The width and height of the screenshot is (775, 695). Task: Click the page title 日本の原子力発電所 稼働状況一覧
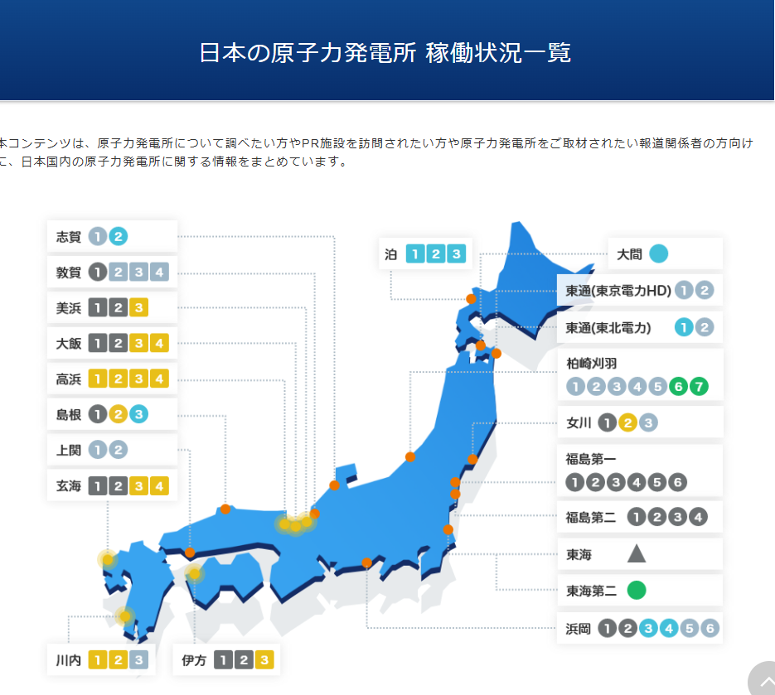pyautogui.click(x=385, y=53)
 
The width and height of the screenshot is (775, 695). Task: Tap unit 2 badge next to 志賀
pyautogui.click(x=119, y=236)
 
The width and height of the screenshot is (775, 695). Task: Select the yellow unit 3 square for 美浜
pyautogui.click(x=138, y=308)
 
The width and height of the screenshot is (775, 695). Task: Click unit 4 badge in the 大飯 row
pyautogui.click(x=159, y=343)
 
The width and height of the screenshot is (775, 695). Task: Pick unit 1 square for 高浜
pyautogui.click(x=98, y=379)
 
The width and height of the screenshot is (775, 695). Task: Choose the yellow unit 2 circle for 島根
pyautogui.click(x=119, y=414)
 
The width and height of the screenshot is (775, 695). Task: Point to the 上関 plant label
pyautogui.click(x=68, y=450)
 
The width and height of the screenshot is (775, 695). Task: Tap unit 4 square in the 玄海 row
pyautogui.click(x=159, y=486)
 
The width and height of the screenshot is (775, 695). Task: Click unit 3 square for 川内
pyautogui.click(x=138, y=660)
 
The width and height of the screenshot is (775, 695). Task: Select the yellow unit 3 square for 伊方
pyautogui.click(x=264, y=660)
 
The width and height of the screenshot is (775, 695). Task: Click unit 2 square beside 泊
pyautogui.click(x=435, y=253)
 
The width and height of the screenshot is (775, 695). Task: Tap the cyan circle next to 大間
pyautogui.click(x=659, y=254)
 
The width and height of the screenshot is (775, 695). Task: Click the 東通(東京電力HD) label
pyautogui.click(x=618, y=291)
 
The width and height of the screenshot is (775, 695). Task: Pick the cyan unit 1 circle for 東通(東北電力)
pyautogui.click(x=684, y=327)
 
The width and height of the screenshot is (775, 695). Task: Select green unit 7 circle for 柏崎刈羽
pyautogui.click(x=699, y=386)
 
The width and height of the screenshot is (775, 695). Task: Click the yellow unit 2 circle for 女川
pyautogui.click(x=627, y=423)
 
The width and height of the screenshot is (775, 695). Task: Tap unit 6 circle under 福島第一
pyautogui.click(x=678, y=481)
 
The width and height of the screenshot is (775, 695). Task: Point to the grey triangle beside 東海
pyautogui.click(x=637, y=553)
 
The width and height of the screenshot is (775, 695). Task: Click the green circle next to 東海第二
pyautogui.click(x=637, y=591)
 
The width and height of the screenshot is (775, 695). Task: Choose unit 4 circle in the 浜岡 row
pyautogui.click(x=668, y=628)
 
